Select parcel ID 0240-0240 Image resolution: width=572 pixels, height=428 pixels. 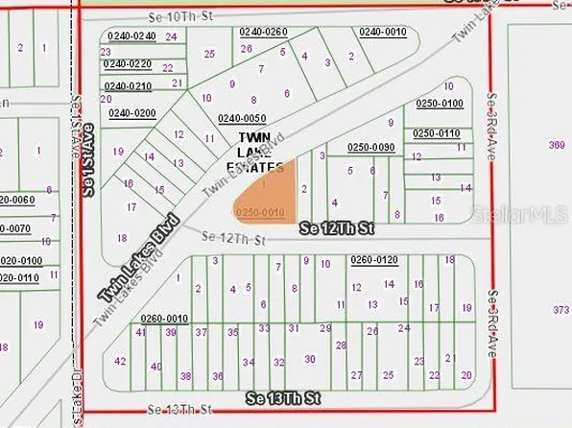tap(132, 36)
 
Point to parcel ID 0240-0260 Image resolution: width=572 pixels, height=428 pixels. tap(264, 32)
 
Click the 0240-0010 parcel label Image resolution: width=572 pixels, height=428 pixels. tap(383, 32)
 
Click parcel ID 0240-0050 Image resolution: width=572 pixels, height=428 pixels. tap(241, 119)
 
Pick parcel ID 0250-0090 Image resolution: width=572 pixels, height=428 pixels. tap(371, 147)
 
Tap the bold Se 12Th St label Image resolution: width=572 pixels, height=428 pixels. tap(336, 229)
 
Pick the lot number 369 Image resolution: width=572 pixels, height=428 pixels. tap(556, 145)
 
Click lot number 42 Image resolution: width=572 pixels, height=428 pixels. tap(120, 362)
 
